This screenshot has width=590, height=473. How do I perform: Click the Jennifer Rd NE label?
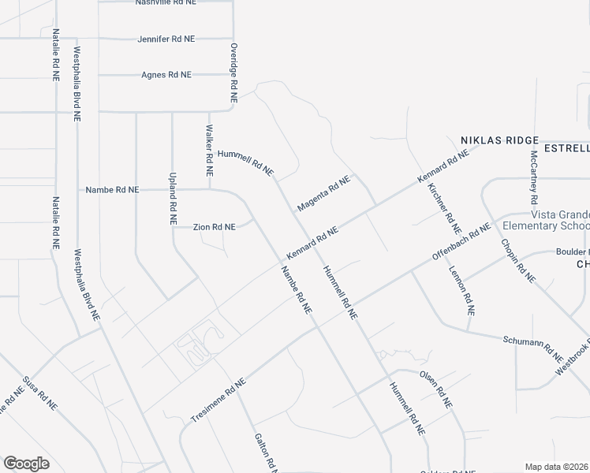point(166,39)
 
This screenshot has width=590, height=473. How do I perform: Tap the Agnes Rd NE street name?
point(166,75)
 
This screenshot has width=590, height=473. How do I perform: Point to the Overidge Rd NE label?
point(233,73)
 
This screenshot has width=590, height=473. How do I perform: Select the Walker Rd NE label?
point(210,150)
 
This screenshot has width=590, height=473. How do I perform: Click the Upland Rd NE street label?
point(172,199)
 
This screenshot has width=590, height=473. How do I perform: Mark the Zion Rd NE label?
point(215,227)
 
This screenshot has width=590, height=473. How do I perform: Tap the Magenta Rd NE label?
point(323,195)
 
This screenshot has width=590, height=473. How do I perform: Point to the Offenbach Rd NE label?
point(461,245)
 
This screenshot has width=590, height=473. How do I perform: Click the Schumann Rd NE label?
point(533,346)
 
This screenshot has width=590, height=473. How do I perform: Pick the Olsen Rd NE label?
point(435,389)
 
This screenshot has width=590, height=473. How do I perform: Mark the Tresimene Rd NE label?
point(218,398)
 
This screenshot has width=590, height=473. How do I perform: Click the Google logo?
point(26,464)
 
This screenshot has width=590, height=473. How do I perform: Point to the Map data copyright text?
point(557,467)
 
